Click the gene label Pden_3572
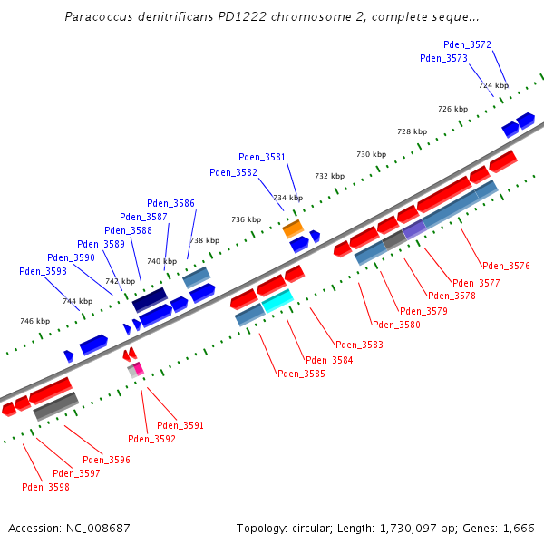[467, 44]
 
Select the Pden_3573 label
[443, 58]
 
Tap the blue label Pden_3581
[262, 157]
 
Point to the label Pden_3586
[170, 203]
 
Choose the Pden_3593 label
[43, 271]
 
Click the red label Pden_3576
[506, 266]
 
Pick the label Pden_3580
[396, 325]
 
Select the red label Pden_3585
[301, 374]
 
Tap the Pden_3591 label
[180, 425]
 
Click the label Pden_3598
[45, 487]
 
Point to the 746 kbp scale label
[35, 321]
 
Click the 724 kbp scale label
[493, 85]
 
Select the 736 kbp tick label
[246, 219]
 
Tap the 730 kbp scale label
[371, 154]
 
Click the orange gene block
[292, 228]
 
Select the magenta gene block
[139, 368]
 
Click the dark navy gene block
[150, 300]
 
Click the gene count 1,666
[517, 528]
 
